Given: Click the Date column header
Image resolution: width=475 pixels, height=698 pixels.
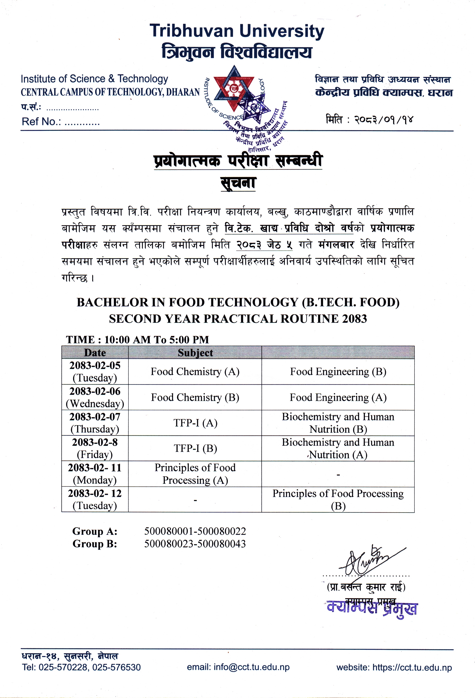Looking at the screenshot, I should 95,353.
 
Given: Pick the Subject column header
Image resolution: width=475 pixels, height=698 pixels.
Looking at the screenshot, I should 195,353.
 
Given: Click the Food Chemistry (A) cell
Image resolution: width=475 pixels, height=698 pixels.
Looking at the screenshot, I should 195,372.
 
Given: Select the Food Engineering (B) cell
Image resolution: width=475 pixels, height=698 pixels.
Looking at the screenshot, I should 338,372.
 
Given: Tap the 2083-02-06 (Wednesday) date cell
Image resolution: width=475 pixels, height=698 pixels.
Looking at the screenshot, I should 95,397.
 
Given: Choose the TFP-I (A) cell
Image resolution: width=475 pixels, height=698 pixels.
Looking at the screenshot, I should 195,423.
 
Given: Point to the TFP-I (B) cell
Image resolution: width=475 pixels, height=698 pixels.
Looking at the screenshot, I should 195,448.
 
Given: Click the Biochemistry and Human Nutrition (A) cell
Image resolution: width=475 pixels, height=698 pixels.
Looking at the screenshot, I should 338,448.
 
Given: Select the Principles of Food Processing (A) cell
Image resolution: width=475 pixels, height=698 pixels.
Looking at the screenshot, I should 195,474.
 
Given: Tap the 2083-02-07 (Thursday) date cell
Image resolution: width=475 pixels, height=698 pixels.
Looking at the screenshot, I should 95,423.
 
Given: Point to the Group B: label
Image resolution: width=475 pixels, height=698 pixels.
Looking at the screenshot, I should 95,544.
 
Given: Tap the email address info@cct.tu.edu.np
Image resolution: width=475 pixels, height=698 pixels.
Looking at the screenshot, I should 251,667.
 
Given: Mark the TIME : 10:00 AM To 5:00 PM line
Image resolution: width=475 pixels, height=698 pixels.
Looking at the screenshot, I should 137,340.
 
